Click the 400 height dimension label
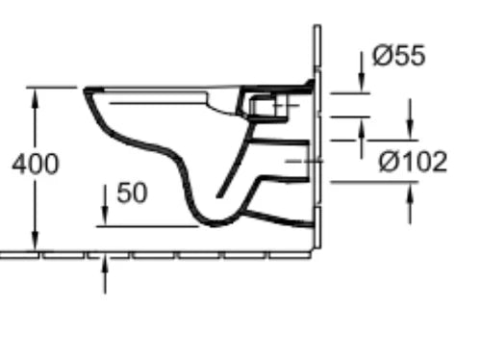36,164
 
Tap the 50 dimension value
132,193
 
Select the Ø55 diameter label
399,55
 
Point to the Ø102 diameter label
413,162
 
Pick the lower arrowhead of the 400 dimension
36,241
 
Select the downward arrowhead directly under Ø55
362,84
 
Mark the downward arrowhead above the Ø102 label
410,131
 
